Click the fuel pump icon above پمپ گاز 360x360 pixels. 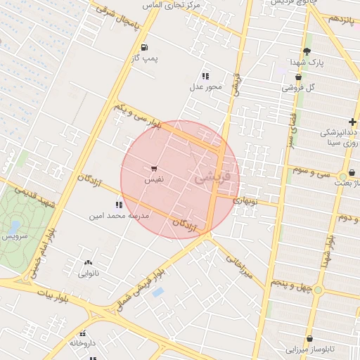tap(144, 48)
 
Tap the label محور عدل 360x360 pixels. tap(205, 87)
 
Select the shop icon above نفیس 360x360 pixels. tap(153, 169)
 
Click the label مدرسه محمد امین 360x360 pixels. tap(119, 216)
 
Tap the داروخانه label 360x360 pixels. tap(82, 343)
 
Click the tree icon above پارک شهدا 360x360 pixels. tap(307, 51)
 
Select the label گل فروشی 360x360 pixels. tap(298, 88)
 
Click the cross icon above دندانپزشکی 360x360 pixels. tap(352, 122)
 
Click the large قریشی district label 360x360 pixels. tap(217, 174)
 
